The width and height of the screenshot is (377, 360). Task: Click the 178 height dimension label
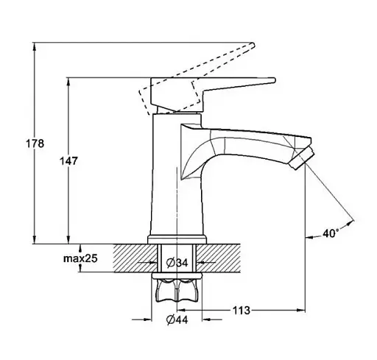tap(35, 144)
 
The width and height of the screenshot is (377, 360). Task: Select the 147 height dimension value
tap(68, 161)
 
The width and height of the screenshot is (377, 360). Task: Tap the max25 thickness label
tap(80, 258)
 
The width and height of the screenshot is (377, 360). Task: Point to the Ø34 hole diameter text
tap(177, 263)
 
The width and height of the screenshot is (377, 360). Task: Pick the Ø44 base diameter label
tap(177, 320)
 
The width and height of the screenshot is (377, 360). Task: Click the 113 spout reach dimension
tap(242, 311)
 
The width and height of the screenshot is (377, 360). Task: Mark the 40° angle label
tap(331, 233)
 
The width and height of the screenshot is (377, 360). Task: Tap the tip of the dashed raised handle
tap(253, 46)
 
